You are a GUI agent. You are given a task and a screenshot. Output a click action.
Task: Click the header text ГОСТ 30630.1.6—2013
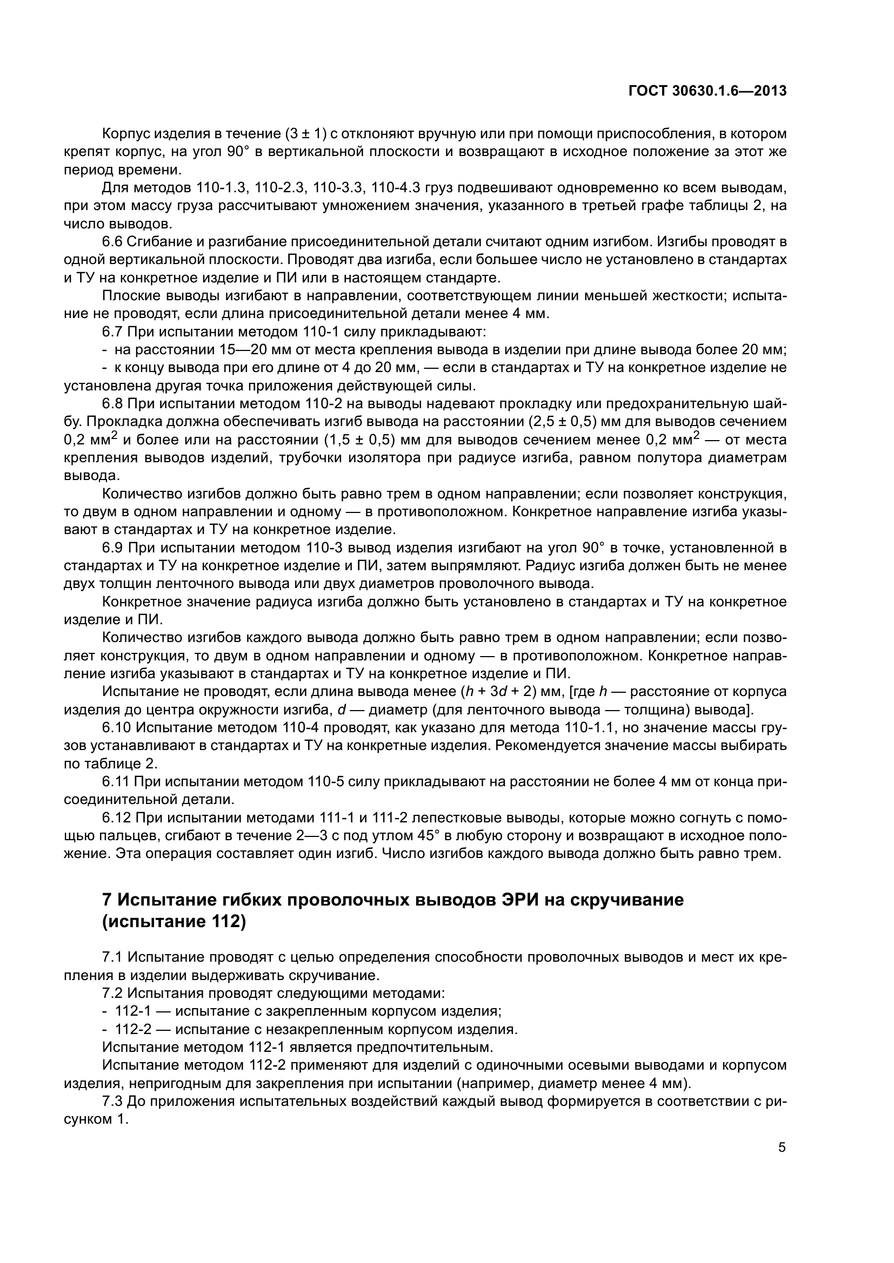tap(707, 91)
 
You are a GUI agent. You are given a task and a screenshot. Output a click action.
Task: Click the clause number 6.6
tap(112, 241)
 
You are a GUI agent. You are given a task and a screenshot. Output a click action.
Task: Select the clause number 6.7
tap(112, 332)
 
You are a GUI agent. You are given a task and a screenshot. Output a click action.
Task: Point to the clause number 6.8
tap(112, 404)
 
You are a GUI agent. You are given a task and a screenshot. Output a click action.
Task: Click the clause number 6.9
tap(112, 548)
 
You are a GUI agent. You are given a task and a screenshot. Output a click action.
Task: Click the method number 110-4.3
tap(396, 187)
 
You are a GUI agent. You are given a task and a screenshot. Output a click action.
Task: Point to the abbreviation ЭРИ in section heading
tap(525, 900)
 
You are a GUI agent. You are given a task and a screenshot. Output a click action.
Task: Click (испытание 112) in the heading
tap(174, 921)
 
